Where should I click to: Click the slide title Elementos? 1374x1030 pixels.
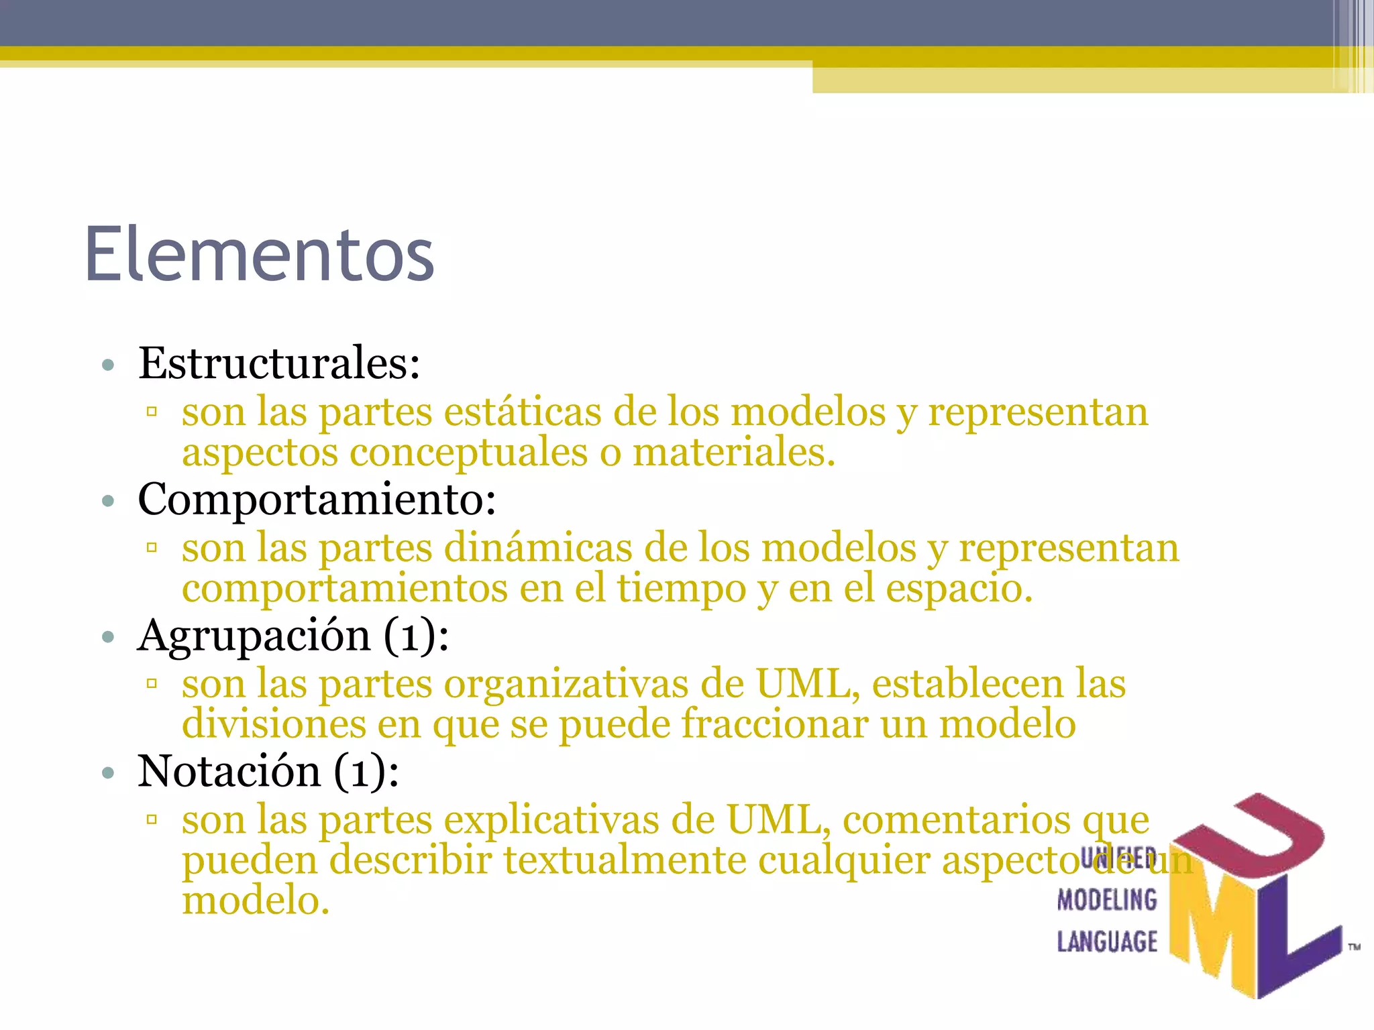point(260,255)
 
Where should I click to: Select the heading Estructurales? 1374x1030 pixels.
point(279,363)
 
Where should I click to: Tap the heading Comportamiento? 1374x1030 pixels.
point(317,500)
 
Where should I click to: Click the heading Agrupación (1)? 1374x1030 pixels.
point(293,635)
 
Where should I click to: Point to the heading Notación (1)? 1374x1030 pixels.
point(268,771)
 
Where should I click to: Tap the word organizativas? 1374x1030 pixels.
point(566,684)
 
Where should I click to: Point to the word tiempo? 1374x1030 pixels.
point(682,588)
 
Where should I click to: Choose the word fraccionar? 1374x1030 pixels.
point(775,724)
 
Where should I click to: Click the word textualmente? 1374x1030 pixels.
point(625,860)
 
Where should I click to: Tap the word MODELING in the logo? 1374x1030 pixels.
point(1107,900)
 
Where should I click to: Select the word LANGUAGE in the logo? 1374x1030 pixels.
point(1107,941)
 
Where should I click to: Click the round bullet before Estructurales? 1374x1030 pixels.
point(108,365)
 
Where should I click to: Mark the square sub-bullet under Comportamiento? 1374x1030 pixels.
point(152,549)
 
